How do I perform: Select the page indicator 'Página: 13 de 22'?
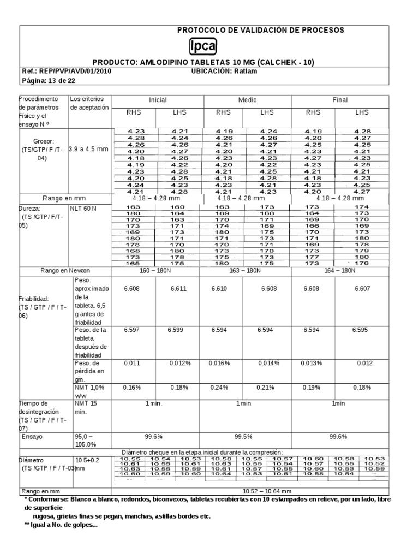(49, 80)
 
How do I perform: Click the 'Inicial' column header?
(158, 100)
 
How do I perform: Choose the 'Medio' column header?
(247, 100)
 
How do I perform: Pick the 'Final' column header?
(340, 100)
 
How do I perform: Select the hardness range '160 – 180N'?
(158, 271)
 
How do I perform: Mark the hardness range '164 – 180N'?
(340, 271)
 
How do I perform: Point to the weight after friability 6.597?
(133, 330)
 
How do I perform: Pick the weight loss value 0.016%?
(222, 362)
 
